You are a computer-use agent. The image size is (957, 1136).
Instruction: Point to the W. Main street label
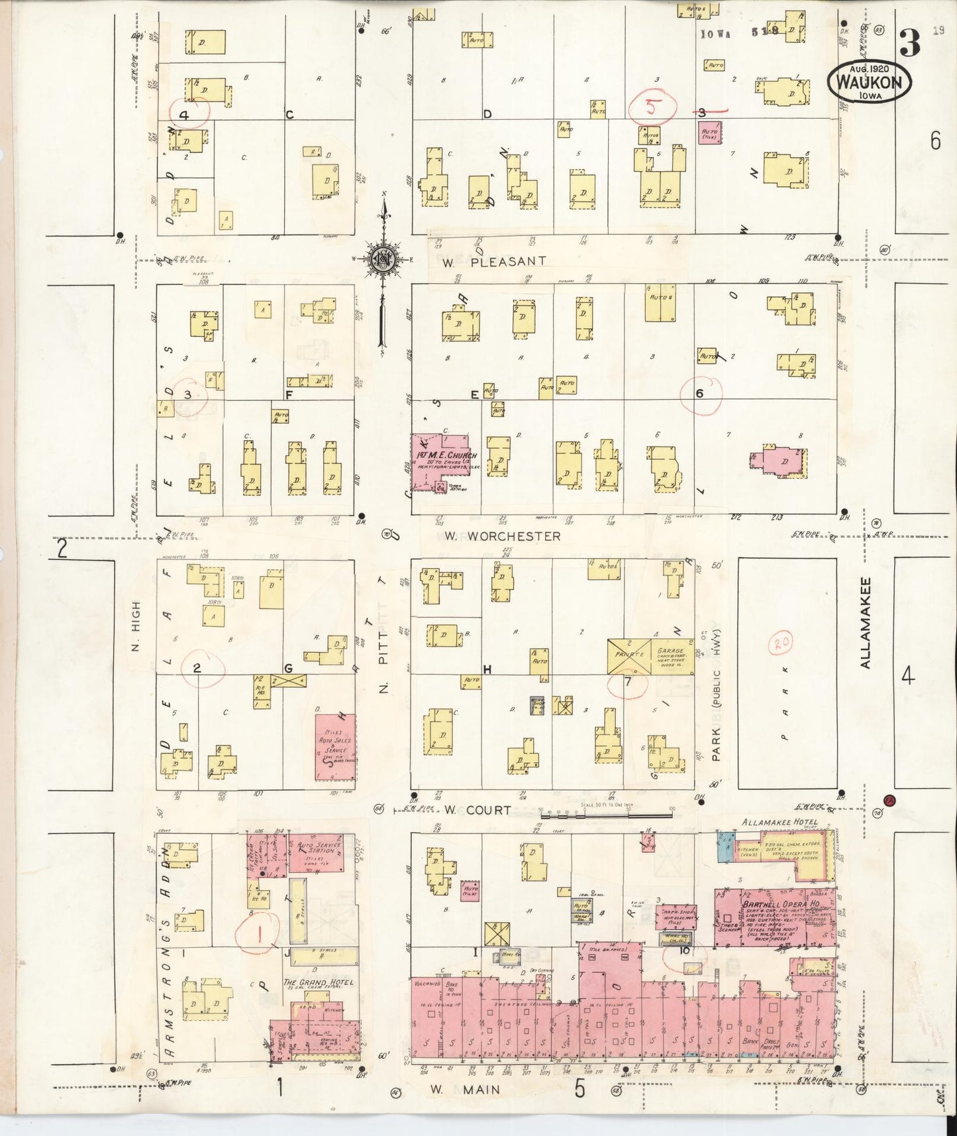465,1089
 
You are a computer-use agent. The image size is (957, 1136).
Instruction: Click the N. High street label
136,626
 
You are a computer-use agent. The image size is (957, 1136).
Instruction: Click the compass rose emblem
383,259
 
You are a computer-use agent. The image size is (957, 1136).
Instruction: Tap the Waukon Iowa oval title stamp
868,82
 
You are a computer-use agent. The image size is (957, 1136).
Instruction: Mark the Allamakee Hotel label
780,822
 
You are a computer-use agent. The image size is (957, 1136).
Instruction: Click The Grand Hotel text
318,982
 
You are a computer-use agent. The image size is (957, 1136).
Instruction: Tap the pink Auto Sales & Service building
335,747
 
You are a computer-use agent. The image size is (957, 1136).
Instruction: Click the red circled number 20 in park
781,643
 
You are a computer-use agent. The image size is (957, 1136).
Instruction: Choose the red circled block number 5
653,108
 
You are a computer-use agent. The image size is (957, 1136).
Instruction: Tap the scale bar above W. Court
605,812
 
